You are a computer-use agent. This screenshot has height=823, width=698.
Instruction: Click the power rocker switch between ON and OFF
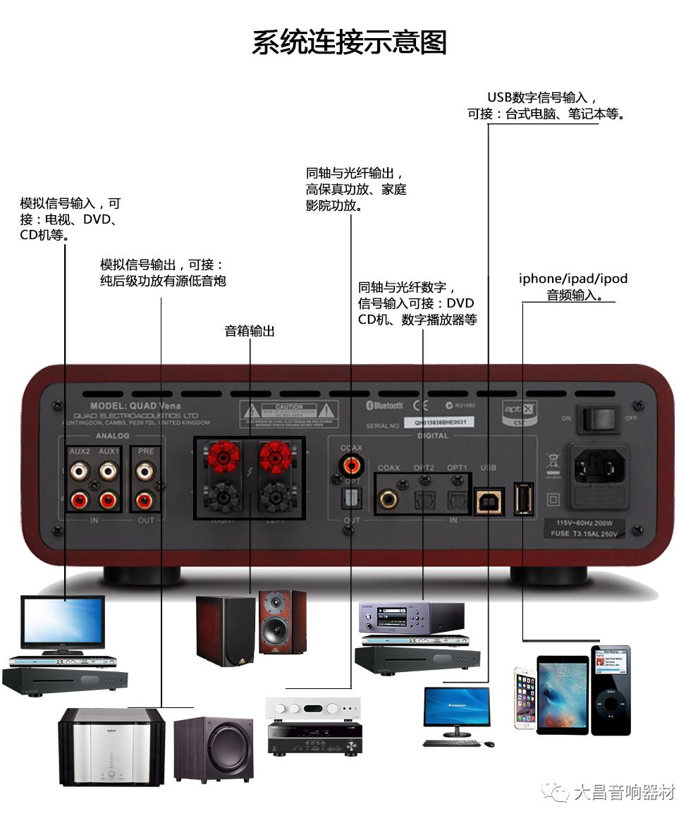point(598,419)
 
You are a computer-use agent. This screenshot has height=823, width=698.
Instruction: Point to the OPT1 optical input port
point(457,500)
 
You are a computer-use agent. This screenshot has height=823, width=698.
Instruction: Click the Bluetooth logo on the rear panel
point(384,406)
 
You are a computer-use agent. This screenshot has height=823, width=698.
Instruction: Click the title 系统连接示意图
point(349,42)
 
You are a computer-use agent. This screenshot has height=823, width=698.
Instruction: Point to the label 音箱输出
point(250,331)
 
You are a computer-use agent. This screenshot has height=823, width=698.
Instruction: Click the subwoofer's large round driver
point(224,749)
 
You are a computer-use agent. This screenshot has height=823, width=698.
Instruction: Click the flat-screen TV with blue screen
point(63,622)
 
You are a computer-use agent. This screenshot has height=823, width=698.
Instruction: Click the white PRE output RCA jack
point(145,469)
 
